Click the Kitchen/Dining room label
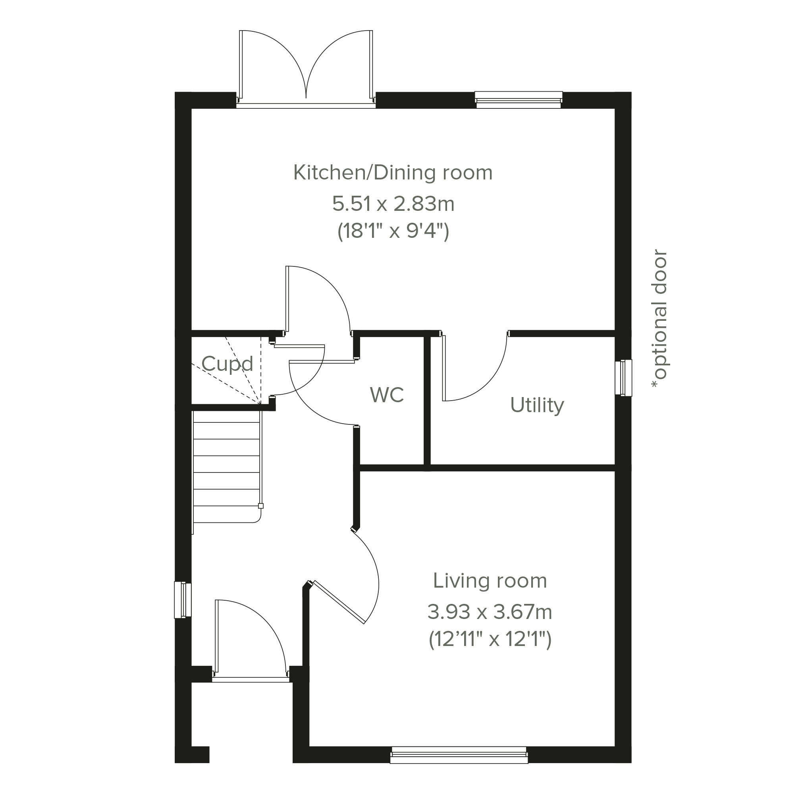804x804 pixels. (393, 173)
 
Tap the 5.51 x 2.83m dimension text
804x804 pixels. (393, 204)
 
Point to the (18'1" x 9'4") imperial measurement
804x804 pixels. (393, 231)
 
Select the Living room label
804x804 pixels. (490, 581)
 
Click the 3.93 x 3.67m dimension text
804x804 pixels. (490, 612)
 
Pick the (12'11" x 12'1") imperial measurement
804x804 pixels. (490, 639)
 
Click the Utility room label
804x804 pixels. (537, 405)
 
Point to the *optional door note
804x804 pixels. (659, 319)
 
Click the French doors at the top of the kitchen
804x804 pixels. (306, 69)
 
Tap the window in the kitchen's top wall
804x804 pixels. (519, 100)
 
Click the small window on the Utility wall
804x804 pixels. (623, 378)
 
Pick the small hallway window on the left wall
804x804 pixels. (183, 600)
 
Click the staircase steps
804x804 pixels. (227, 472)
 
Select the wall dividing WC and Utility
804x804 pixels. (427, 401)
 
